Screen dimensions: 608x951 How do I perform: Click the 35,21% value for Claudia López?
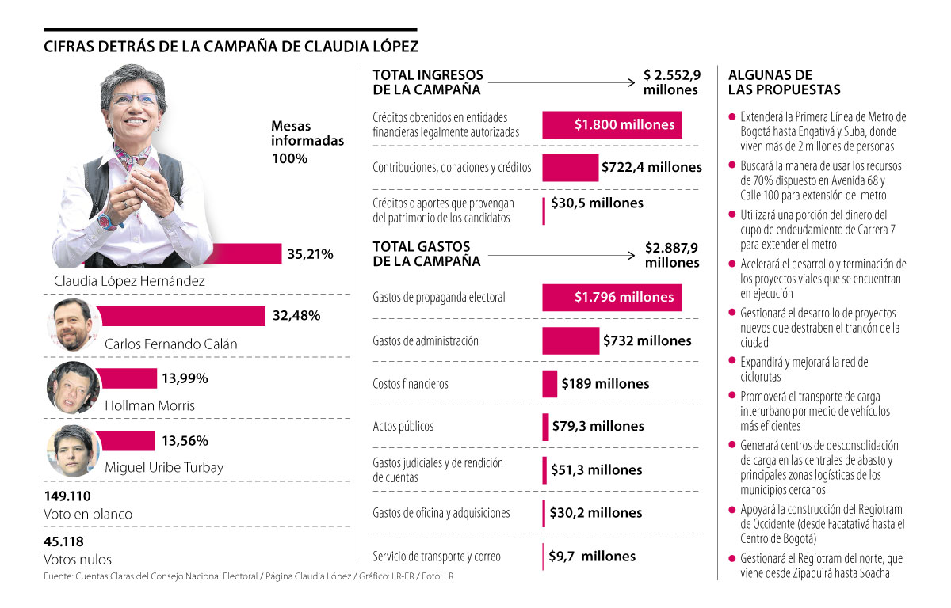tap(310, 254)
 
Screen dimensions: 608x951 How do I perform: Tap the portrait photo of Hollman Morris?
tap(73, 388)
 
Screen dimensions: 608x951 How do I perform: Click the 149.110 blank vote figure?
tap(67, 496)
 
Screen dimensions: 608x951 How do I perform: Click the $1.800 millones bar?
tap(612, 124)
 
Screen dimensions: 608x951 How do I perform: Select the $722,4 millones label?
tap(651, 167)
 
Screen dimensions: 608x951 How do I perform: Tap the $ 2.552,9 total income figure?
tap(672, 75)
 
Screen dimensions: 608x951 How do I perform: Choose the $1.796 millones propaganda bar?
tap(611, 298)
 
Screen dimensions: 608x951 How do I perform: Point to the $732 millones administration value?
tap(647, 340)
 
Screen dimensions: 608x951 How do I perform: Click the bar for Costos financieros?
tap(549, 384)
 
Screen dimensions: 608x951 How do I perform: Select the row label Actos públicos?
tap(403, 427)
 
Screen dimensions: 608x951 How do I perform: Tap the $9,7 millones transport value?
tap(592, 556)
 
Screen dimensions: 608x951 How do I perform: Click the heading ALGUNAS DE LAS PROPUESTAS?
tap(784, 82)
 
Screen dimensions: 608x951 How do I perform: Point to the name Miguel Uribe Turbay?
tap(164, 467)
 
